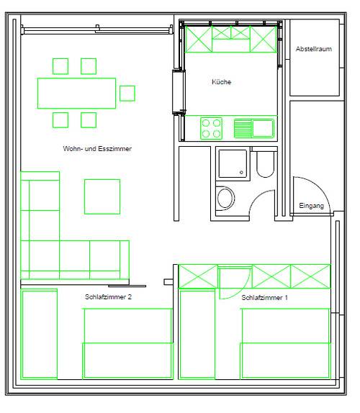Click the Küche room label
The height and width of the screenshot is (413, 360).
[x=221, y=82]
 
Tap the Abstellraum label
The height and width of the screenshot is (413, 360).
[x=314, y=49]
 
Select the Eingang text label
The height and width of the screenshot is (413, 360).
[x=311, y=206]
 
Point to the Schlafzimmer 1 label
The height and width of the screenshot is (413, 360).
[x=264, y=298]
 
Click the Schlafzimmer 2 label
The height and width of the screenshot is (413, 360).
[x=108, y=297]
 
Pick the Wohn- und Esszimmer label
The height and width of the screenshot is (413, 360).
[x=97, y=148]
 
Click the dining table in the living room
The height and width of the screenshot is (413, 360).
[x=76, y=93]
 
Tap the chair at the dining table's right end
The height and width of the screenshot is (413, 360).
[x=127, y=94]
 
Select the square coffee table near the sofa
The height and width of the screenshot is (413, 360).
[x=102, y=196]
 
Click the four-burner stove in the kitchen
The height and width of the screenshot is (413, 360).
[x=211, y=128]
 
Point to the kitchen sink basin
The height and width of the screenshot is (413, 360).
[x=263, y=128]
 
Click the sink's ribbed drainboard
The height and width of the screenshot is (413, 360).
[x=243, y=128]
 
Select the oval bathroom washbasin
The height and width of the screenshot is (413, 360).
[x=225, y=198]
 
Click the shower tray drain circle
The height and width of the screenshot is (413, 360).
[x=241, y=173]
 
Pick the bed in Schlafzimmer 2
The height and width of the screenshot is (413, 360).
[x=128, y=343]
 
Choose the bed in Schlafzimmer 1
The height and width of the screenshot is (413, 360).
[x=285, y=343]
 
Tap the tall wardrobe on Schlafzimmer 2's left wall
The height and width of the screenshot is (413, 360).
[x=39, y=334]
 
